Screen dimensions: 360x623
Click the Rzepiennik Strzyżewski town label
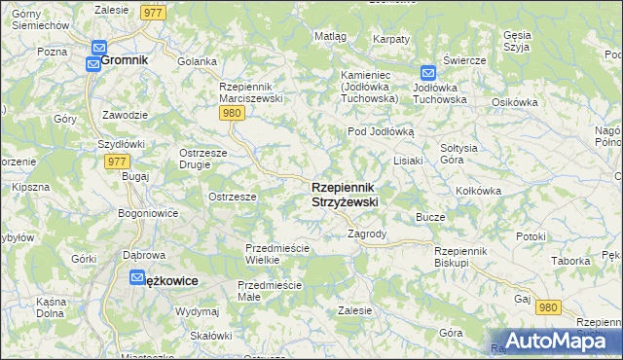coord(345,194)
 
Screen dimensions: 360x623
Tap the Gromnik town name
coord(124,59)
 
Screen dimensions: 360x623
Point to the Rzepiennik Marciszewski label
coord(250,92)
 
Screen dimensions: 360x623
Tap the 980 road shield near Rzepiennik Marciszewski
coord(231,113)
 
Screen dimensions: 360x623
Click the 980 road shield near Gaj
coord(548,307)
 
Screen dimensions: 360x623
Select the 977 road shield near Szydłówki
coord(115,162)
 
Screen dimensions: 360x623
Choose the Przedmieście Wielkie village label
coord(276,254)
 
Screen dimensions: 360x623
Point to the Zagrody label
coord(368,234)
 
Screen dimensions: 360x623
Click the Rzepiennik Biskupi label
coord(465,256)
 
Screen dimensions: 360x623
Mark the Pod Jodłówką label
coord(382,131)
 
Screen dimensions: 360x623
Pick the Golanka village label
coord(197,61)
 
